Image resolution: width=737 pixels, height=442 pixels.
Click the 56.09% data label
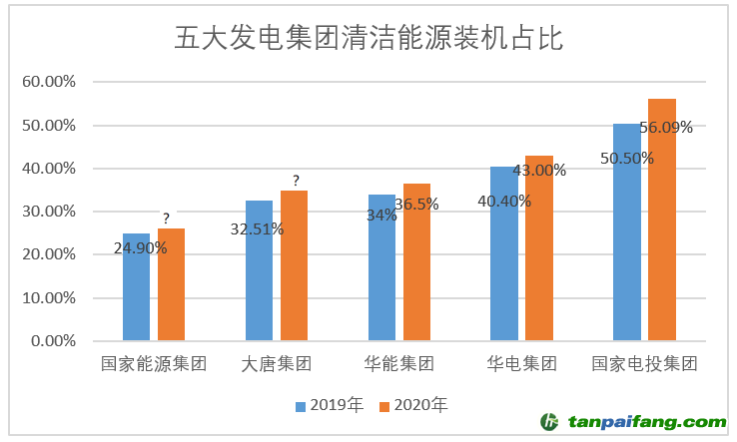(x=666, y=128)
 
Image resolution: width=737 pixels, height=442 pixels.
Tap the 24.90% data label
(x=141, y=248)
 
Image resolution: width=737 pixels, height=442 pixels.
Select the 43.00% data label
(x=539, y=171)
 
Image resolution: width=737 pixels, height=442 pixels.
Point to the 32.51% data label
(x=257, y=229)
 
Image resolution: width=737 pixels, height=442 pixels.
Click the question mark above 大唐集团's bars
(x=296, y=181)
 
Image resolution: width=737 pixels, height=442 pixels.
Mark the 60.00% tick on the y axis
(x=48, y=83)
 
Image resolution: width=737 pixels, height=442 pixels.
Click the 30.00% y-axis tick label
(x=48, y=212)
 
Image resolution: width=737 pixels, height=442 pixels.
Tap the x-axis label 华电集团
(x=521, y=364)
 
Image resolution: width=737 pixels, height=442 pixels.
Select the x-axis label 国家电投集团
(x=644, y=364)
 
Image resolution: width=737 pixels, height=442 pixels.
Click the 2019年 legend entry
(x=330, y=404)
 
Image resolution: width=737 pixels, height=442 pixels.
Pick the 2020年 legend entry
(x=413, y=404)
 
